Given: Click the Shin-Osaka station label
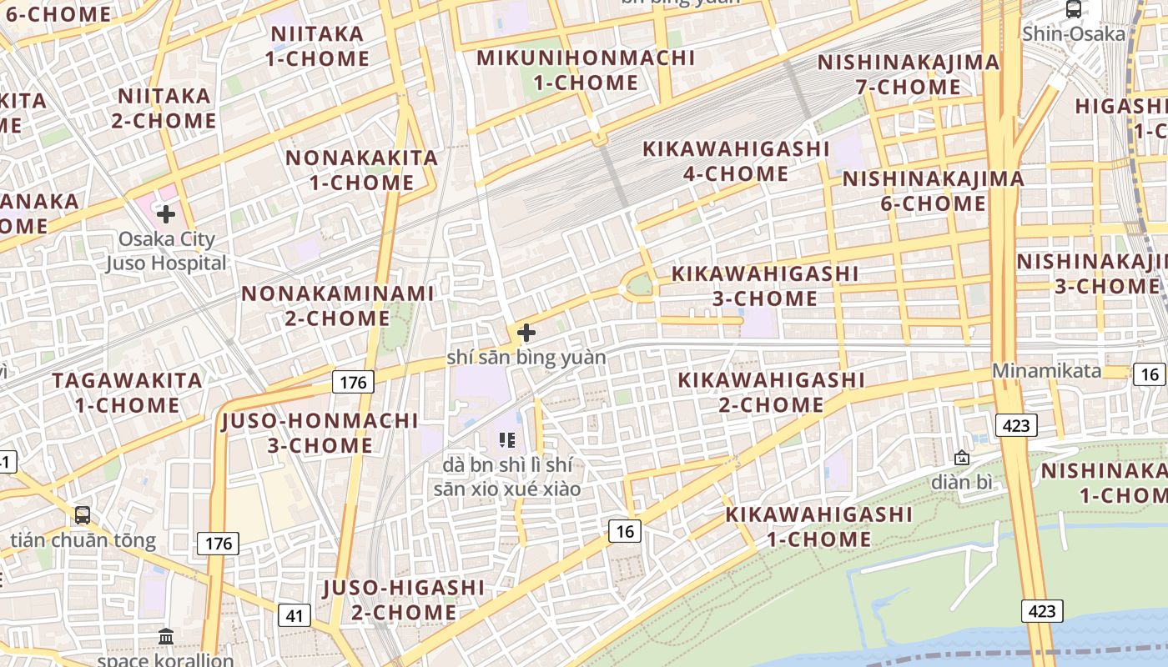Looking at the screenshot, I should point(1074,34).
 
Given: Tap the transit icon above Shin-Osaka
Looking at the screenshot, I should point(1074,9).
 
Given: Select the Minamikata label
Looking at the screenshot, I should point(1046,371).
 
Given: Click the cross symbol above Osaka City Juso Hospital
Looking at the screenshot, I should point(166,214).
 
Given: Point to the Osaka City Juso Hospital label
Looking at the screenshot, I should point(167,251).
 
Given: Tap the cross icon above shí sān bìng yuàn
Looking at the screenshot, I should point(526,333).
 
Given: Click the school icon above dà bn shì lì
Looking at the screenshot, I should point(506,439).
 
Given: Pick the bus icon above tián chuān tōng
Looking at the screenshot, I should point(83,515).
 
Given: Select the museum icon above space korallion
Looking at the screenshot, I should point(165,637).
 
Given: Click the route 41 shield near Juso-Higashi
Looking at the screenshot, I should point(294,616).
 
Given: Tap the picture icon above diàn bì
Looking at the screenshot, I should point(962,458).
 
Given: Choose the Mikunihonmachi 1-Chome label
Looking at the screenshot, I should point(586,70).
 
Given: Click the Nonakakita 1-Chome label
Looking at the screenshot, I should point(361,170).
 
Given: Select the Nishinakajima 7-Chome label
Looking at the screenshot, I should point(908,74).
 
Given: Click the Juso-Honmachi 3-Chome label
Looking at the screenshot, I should point(320,433).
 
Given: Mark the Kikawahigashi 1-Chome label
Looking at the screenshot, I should point(818,526).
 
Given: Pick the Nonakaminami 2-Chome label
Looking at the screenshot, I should point(338,305).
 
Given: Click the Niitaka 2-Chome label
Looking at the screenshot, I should point(164,108).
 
